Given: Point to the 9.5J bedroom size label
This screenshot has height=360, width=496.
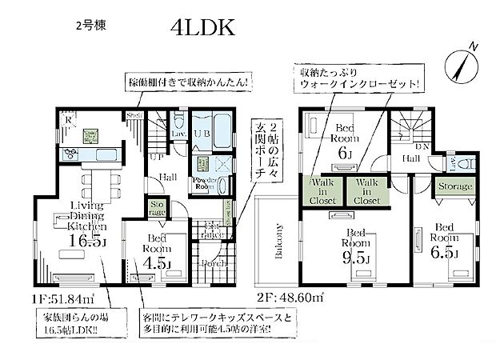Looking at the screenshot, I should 355,258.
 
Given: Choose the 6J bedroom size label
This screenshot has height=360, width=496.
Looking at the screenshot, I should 345,152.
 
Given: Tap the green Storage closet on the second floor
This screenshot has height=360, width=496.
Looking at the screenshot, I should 454,186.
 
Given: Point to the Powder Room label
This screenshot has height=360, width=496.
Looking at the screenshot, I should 203,182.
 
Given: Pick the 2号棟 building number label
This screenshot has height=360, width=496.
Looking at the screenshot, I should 89,25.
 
